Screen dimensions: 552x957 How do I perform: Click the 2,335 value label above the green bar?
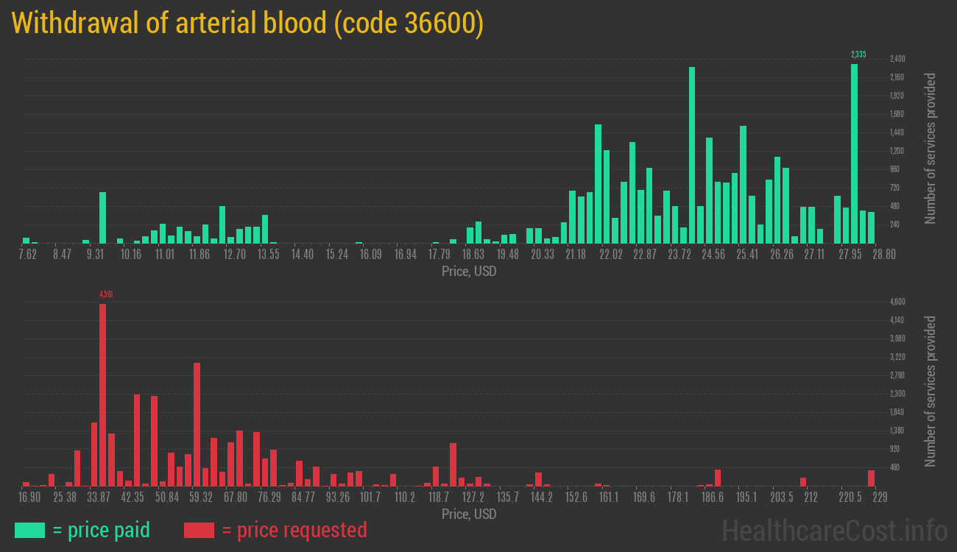coord(858,54)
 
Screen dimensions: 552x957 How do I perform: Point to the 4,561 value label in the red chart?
coord(106,294)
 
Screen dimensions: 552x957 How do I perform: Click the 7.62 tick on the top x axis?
coord(27,254)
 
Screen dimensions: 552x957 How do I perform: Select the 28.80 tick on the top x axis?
coord(884,254)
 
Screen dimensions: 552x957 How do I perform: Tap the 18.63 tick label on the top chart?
coord(473,254)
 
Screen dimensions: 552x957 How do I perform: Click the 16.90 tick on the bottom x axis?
coord(29,497)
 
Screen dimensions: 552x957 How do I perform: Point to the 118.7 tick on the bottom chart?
coord(439,497)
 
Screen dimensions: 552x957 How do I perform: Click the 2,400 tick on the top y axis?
coord(897,59)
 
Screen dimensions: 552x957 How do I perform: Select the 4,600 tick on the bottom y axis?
coord(897,302)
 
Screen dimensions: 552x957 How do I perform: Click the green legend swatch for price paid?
coord(29,530)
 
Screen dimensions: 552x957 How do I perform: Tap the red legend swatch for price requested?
coord(199,530)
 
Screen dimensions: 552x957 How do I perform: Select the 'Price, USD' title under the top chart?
coord(469,272)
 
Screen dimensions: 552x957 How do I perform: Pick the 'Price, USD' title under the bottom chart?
coord(469,514)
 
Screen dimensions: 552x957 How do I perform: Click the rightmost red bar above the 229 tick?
coord(871,478)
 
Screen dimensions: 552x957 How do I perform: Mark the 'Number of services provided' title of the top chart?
coord(930,148)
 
